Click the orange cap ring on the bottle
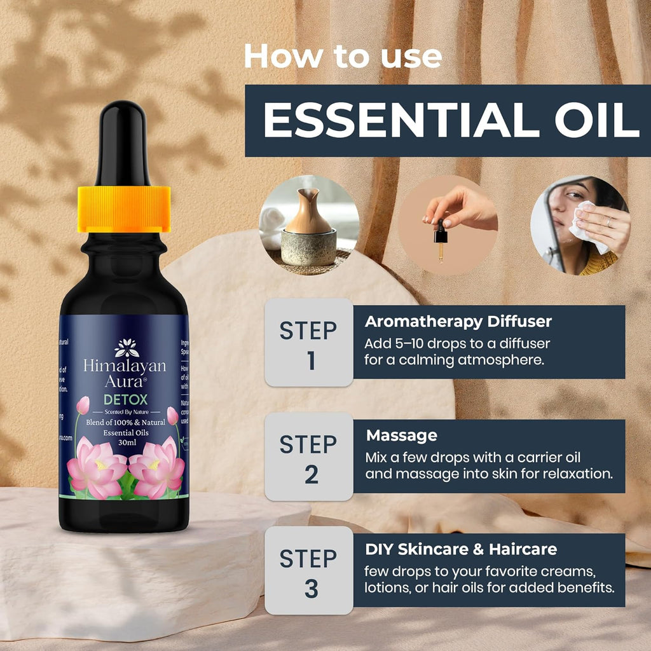124,209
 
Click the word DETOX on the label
126,399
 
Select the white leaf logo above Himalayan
126,348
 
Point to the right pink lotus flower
156,469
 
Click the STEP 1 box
309,343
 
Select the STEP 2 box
309,456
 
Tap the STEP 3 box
309,570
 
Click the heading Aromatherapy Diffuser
458,322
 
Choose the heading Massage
401,435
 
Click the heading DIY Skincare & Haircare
461,549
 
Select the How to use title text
343,57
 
